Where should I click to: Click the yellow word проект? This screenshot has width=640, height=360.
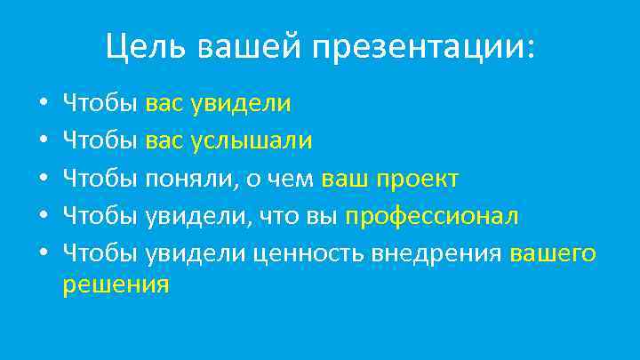coord(418,179)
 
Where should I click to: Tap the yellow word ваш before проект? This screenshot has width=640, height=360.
coord(346,179)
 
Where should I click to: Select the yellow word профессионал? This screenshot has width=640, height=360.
coord(432,217)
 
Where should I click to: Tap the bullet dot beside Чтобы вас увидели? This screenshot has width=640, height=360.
coord(44,104)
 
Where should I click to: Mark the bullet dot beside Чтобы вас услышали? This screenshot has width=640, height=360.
coord(44,142)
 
